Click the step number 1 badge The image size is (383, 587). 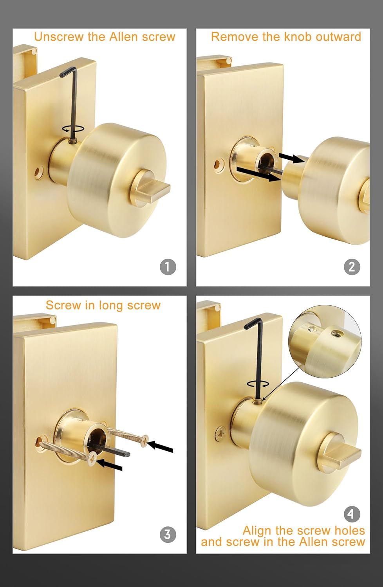click(168, 267)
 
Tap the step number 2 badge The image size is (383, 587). click(351, 267)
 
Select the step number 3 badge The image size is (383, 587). click(168, 534)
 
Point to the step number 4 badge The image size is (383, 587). click(351, 514)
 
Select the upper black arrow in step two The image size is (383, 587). click(292, 158)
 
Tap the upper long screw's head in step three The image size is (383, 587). click(145, 441)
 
